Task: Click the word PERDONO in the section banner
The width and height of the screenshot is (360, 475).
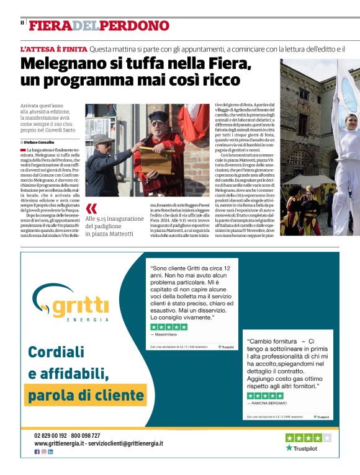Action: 135,25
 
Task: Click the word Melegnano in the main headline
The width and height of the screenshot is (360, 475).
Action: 61,64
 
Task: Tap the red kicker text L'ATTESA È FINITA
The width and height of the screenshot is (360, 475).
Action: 53,48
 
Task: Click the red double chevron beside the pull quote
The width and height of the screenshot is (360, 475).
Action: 92,208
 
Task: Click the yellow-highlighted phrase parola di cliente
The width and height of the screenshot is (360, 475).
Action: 86,394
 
